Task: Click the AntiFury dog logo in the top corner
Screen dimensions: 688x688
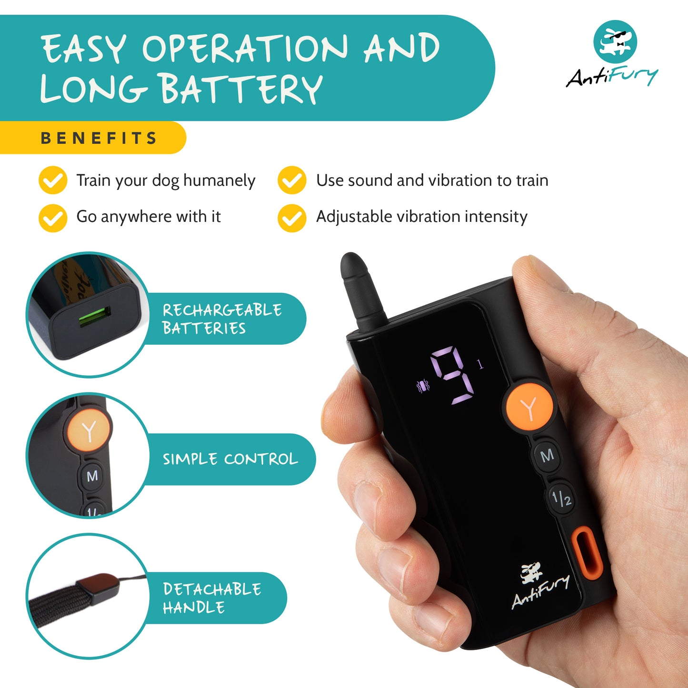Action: (615, 42)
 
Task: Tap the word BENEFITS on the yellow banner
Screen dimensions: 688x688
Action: (99, 138)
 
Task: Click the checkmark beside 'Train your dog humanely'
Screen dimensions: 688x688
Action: (53, 180)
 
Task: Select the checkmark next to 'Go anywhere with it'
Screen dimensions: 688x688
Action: (53, 218)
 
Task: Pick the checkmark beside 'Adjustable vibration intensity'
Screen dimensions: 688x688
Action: (292, 218)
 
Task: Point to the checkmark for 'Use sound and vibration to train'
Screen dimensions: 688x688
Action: (292, 180)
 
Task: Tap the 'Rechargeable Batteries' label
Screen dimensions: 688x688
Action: (222, 319)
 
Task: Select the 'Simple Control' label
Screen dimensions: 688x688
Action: (230, 459)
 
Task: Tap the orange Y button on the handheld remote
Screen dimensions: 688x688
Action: (528, 407)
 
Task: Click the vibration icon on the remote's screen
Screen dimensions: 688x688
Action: (423, 386)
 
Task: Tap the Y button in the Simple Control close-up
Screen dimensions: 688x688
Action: (89, 431)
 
